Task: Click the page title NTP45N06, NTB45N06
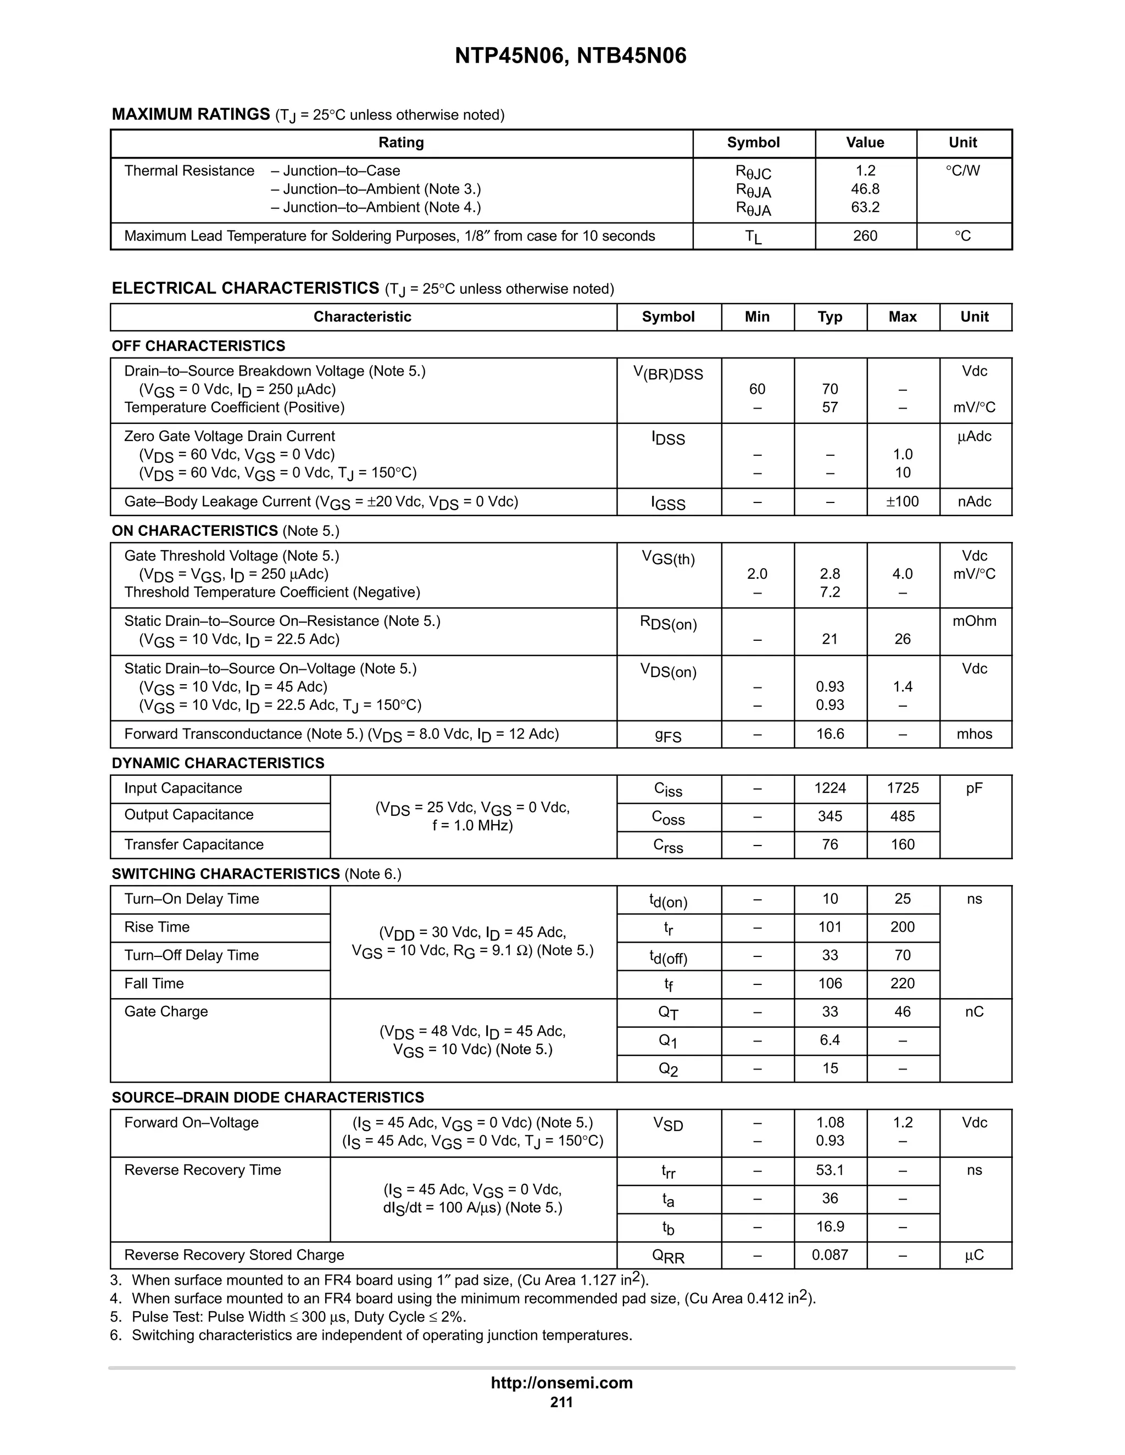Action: pyautogui.click(x=571, y=56)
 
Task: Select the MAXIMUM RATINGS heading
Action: pyautogui.click(x=191, y=115)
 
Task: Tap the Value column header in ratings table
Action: pyautogui.click(x=865, y=143)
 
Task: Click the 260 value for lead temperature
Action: pyautogui.click(x=865, y=236)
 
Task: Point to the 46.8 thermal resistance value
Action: pyautogui.click(x=865, y=189)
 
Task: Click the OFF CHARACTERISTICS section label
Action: pyautogui.click(x=199, y=346)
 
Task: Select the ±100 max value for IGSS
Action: pyautogui.click(x=902, y=502)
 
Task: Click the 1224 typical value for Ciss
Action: pyautogui.click(x=830, y=788)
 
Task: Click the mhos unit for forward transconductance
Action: pyautogui.click(x=974, y=734)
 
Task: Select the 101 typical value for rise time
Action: pyautogui.click(x=830, y=927)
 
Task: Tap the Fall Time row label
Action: pyautogui.click(x=154, y=983)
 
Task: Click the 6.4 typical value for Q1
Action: pyautogui.click(x=830, y=1040)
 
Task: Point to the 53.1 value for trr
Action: pyautogui.click(x=830, y=1170)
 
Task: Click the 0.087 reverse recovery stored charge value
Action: pyautogui.click(x=830, y=1255)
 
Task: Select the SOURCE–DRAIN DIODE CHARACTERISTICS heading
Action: pyautogui.click(x=268, y=1097)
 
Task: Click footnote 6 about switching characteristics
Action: pyautogui.click(x=371, y=1335)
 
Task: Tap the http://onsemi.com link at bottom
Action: pyautogui.click(x=562, y=1383)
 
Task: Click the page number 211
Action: pyautogui.click(x=562, y=1402)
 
